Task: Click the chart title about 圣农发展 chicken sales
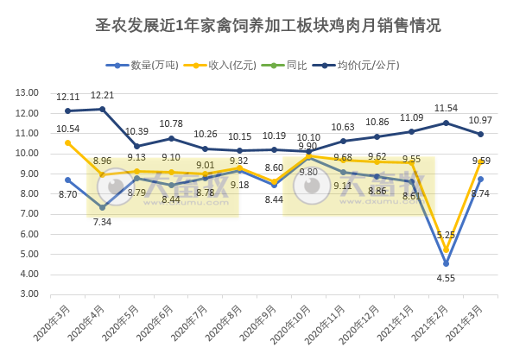coord(253,26)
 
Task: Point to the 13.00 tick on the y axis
coord(27,93)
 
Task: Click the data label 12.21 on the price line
coord(103,95)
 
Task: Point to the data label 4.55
coord(446,278)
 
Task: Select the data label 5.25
coord(446,235)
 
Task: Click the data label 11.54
coord(446,108)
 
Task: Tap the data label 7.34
coord(103,222)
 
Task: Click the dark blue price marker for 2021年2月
coord(447,123)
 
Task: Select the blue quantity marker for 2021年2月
coord(447,263)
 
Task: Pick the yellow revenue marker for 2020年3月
coord(68,143)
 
